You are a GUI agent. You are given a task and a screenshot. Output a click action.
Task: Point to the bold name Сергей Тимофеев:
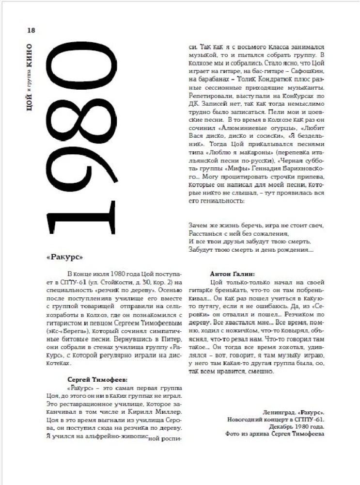[x=96, y=380]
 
